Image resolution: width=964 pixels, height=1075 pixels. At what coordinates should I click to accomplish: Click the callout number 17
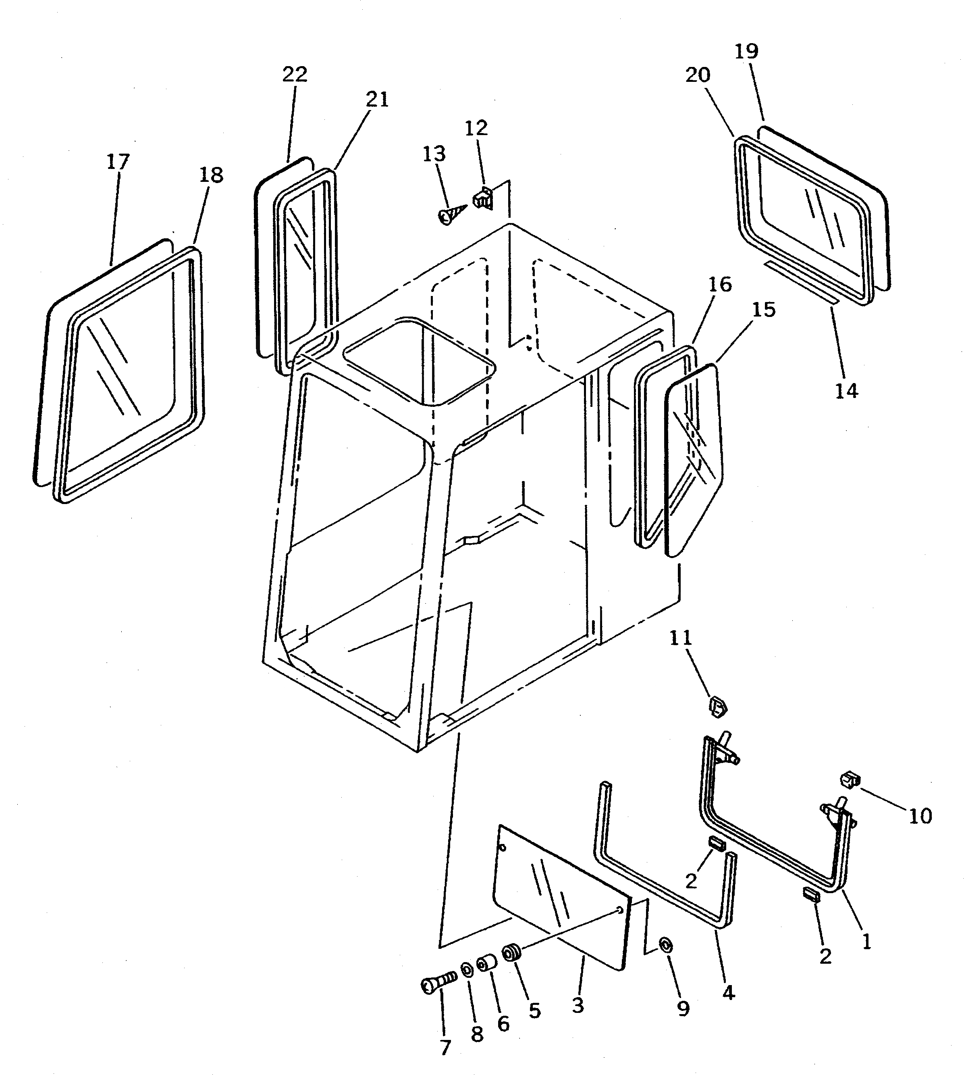click(118, 162)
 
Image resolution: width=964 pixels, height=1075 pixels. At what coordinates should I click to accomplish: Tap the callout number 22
click(295, 75)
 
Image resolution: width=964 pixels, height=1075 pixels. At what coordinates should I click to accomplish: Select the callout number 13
click(434, 154)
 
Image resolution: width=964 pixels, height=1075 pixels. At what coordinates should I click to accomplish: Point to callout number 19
click(747, 51)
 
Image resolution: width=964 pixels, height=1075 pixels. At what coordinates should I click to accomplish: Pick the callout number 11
click(681, 638)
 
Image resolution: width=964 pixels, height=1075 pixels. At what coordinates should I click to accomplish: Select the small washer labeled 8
click(467, 971)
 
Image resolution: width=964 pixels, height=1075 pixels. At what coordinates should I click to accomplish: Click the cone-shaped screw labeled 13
click(450, 215)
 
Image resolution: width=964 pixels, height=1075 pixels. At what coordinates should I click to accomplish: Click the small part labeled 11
click(717, 707)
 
